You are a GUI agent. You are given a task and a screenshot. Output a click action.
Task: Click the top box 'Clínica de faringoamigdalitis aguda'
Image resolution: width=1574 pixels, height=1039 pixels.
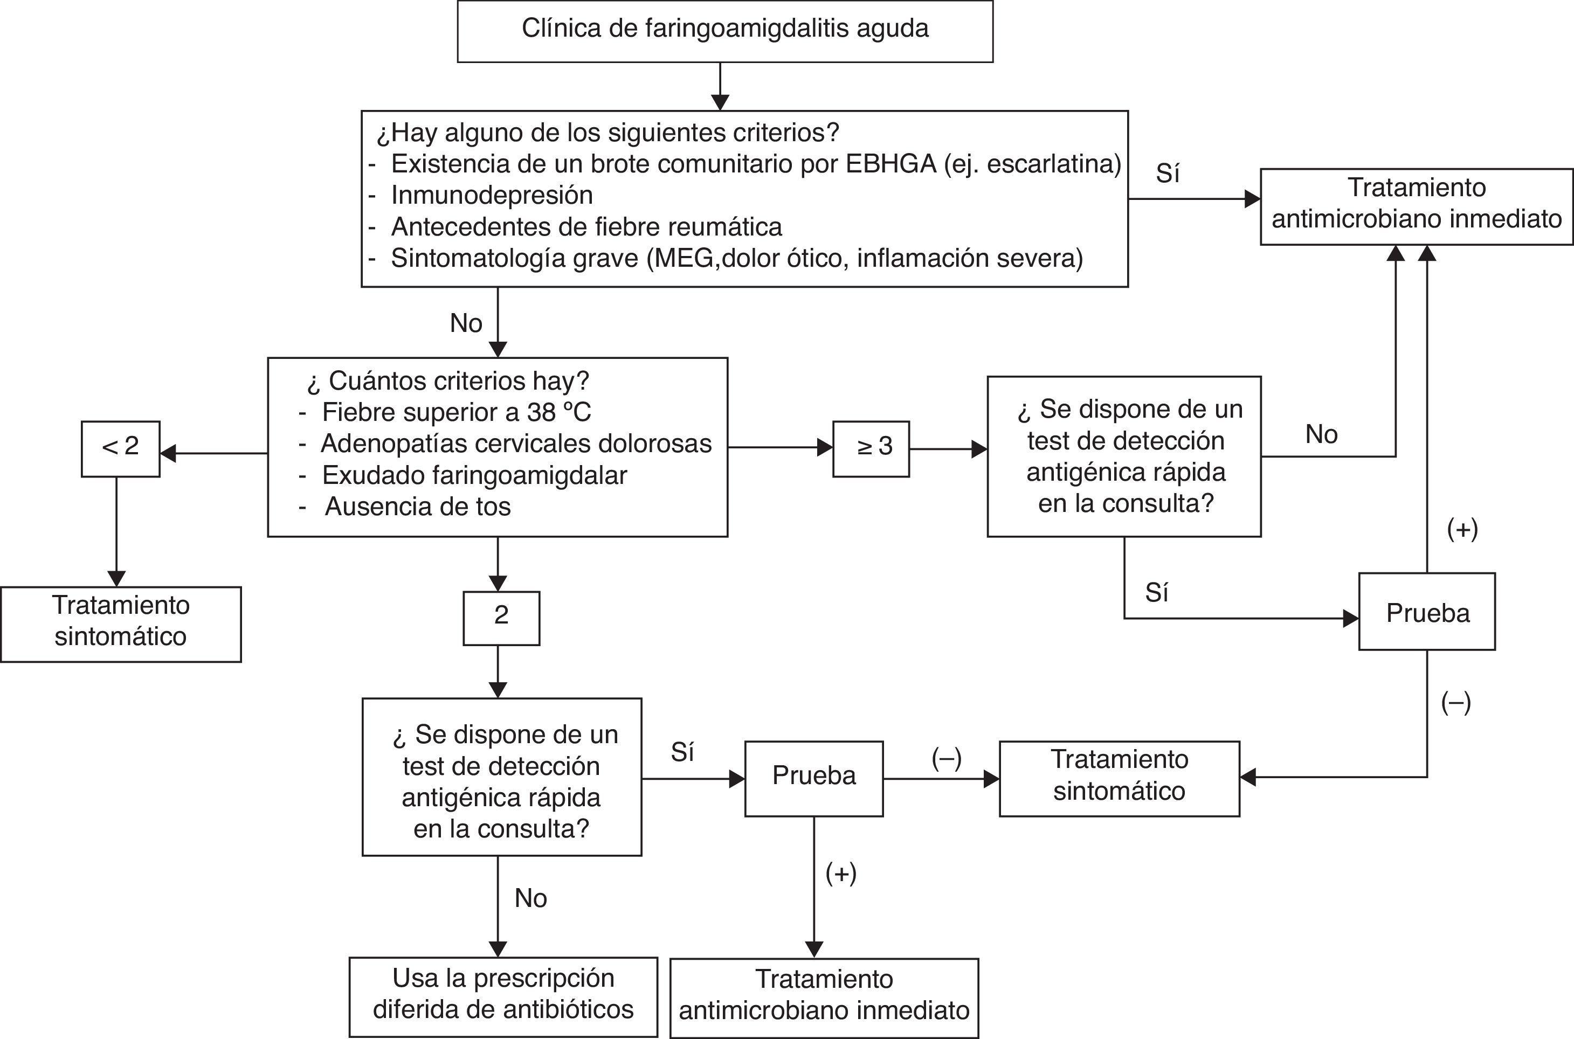coord(725,31)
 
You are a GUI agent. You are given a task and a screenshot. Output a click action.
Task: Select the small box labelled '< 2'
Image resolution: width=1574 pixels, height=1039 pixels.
coord(120,448)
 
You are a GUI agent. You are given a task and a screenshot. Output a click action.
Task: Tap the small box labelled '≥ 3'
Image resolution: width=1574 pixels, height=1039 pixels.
coord(871,448)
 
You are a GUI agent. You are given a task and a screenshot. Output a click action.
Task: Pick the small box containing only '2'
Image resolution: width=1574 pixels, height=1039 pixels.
coord(501,617)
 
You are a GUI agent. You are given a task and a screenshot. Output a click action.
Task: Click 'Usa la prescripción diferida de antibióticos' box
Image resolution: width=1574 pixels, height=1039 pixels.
coord(503,996)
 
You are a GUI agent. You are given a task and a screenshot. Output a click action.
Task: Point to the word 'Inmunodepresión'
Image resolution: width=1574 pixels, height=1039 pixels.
coord(492,196)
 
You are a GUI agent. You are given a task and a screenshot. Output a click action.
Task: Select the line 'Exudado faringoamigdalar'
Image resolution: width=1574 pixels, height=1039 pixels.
coord(474,476)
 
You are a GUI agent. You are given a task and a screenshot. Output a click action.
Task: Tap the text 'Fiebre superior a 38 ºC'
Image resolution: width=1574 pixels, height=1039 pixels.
coord(456,413)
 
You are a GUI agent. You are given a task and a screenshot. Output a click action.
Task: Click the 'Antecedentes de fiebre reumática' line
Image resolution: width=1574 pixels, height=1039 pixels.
coord(586,227)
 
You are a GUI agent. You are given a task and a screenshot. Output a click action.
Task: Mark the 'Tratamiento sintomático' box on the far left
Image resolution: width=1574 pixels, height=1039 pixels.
coord(121,623)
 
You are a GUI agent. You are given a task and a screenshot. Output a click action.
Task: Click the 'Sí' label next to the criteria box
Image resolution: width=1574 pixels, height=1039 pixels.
coord(1167,174)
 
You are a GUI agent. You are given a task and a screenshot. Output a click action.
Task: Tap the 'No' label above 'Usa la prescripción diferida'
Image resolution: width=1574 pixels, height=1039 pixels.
coord(530,898)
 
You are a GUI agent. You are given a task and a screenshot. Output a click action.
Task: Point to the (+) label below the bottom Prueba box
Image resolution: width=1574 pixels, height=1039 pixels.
coord(840,874)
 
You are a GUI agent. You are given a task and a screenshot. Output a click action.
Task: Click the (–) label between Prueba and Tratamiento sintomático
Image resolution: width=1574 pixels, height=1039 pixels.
coord(945,759)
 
